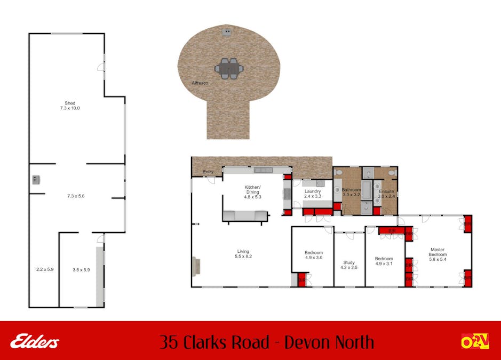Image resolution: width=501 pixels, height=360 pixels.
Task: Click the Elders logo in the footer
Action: (35, 341)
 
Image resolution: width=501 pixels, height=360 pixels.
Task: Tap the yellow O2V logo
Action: (475, 341)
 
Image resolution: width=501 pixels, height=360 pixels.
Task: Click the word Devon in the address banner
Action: (304, 342)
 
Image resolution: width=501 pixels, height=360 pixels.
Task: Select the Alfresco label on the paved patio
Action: (200, 83)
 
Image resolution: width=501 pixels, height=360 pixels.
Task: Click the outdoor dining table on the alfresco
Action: (229, 68)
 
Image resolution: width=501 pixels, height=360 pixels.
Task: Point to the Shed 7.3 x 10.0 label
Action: (70, 106)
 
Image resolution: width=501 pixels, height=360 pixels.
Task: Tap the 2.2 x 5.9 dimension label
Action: (45, 269)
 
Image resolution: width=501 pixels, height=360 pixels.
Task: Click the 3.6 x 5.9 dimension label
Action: (81, 270)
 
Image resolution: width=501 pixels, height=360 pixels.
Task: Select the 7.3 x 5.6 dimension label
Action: (76, 196)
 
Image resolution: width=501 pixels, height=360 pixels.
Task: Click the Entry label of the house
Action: (208, 172)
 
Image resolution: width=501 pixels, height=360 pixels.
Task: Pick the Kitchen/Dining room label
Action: (253, 192)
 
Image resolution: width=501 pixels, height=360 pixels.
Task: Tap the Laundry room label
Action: (313, 194)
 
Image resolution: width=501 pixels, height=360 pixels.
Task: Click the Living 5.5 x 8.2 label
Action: (243, 254)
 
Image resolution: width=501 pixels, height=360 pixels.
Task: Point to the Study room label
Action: (349, 265)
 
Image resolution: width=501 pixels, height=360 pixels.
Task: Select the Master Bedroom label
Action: (438, 254)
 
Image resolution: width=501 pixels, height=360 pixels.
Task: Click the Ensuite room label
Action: (387, 194)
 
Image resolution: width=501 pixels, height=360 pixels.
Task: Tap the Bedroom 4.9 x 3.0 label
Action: (314, 255)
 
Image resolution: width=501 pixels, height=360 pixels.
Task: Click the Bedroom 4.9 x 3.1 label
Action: (384, 261)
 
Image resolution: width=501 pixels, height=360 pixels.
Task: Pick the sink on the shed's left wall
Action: (36, 180)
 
